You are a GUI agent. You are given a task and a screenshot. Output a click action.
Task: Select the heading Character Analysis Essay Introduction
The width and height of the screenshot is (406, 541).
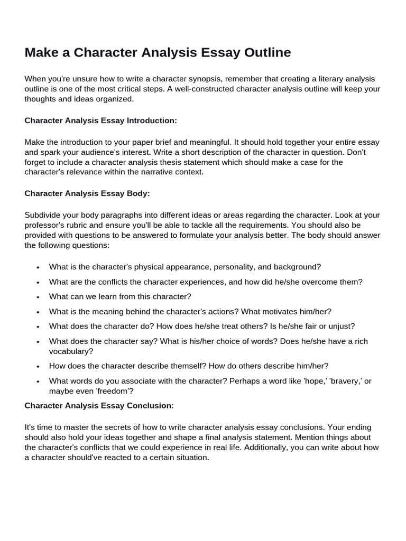coord(100,120)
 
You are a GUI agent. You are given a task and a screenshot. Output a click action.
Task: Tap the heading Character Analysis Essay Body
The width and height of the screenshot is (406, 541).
coord(87,193)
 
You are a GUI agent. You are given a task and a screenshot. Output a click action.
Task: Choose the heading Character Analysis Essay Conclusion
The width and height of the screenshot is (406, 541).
coord(99,406)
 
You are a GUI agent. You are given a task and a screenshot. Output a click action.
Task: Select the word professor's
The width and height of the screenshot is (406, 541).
coord(45,225)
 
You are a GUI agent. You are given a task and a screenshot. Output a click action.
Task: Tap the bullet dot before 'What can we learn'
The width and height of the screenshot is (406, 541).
coord(38,297)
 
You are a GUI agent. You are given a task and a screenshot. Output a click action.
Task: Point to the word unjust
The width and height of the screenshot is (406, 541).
coord(342,327)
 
